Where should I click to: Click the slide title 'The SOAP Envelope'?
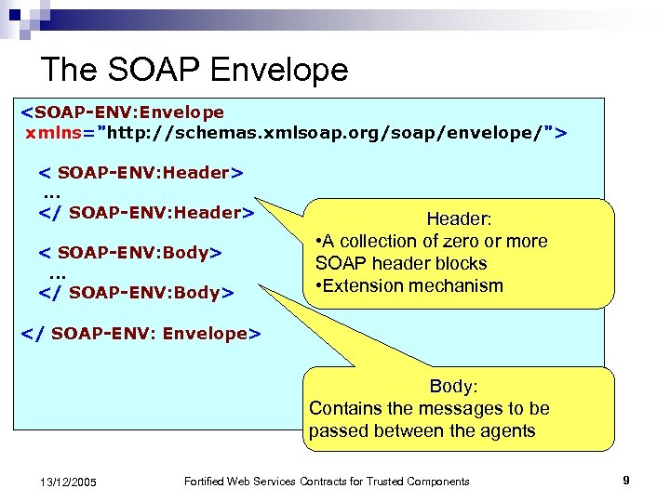194,70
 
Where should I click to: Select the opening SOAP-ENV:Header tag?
141,173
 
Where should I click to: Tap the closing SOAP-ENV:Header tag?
146,213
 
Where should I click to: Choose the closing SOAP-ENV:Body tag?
135,293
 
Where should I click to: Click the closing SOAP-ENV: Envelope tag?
141,334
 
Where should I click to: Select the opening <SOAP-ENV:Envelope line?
123,112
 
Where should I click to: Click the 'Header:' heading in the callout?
459,219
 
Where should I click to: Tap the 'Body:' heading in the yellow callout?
453,387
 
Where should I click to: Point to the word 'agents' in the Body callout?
508,430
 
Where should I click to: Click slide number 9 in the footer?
626,481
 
